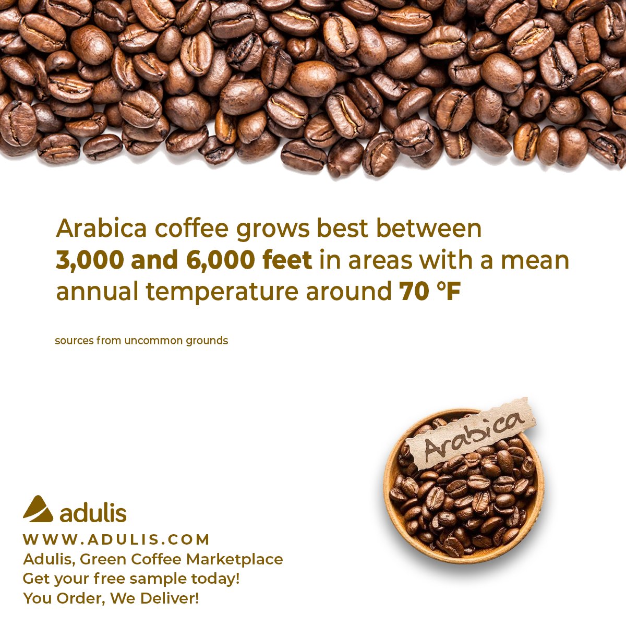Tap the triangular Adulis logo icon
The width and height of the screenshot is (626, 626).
point(38,509)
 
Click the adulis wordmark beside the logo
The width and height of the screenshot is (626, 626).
point(93,513)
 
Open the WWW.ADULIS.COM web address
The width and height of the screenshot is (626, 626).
point(116,539)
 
